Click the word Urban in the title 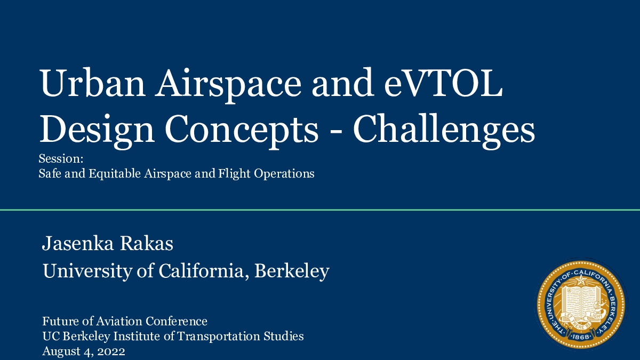92,83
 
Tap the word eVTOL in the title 443,83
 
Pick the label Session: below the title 61,159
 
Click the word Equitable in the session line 114,174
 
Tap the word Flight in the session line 234,174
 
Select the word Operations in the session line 284,174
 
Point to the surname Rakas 146,243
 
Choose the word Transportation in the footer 219,337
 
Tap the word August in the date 61,351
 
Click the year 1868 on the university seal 581,337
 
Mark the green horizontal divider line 320,210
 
